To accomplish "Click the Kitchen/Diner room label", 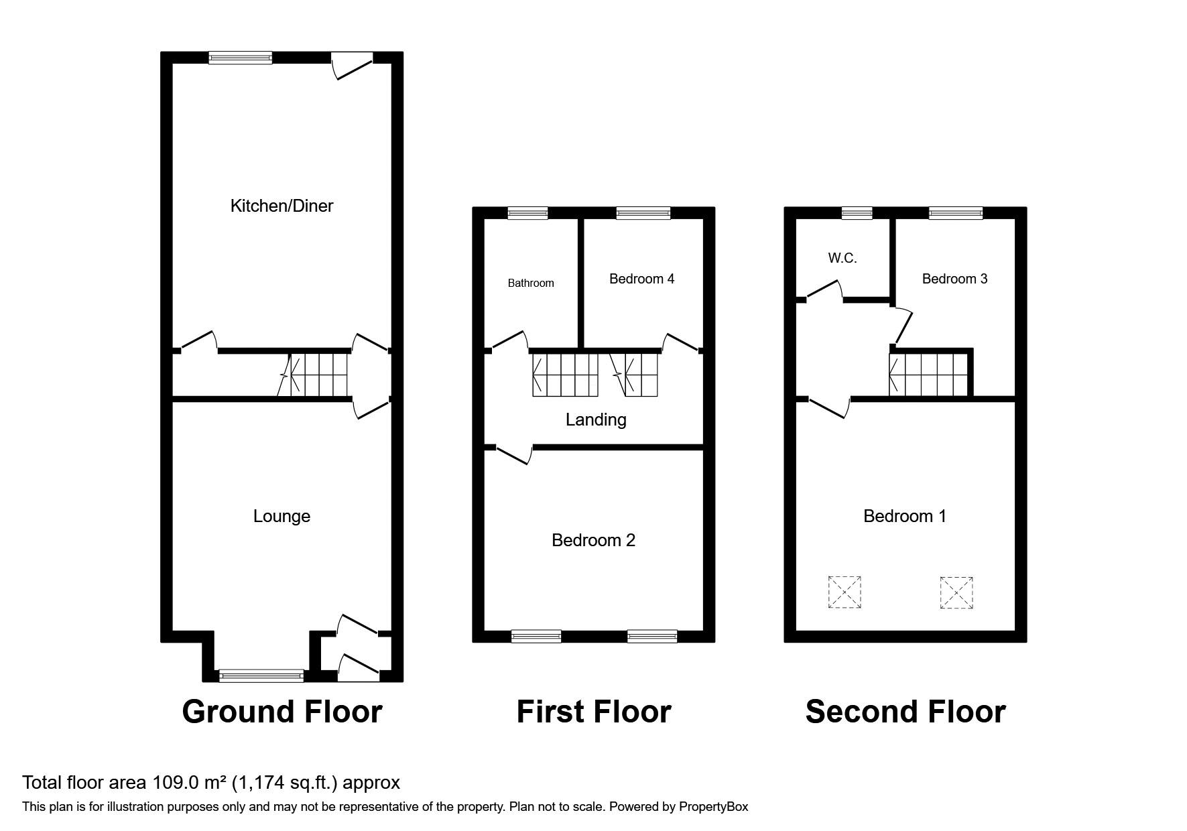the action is [x=282, y=206].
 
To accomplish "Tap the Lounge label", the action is [x=282, y=516].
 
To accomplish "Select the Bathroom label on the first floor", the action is [x=531, y=283].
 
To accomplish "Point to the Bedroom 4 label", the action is [x=641, y=279].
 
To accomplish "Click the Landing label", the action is [x=596, y=420].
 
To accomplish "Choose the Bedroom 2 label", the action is [x=593, y=540].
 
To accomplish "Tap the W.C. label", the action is [x=842, y=258].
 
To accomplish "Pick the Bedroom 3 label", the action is [x=954, y=279].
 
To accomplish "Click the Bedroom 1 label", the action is [x=905, y=516].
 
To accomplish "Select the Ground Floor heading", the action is [x=282, y=711].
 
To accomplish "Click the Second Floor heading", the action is [x=905, y=711].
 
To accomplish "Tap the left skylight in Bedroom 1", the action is [x=845, y=592].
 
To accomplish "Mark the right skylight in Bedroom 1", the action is [x=956, y=593].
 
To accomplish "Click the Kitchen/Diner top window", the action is [x=241, y=58].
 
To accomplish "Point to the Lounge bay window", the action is [x=261, y=676].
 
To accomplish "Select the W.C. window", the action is [x=857, y=213].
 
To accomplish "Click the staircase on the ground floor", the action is [x=314, y=375].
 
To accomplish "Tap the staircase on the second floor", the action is [x=929, y=375].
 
